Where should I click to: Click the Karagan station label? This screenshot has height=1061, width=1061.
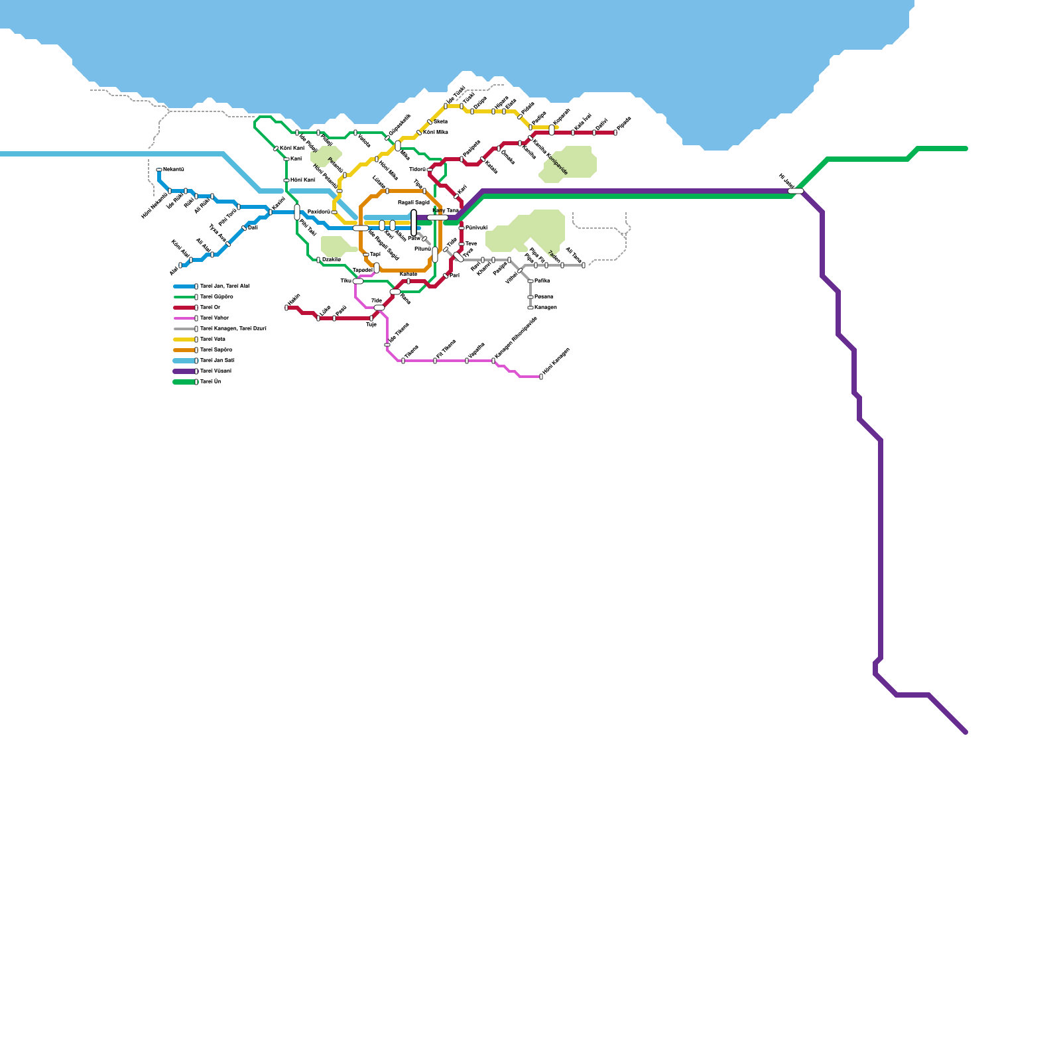tap(545, 308)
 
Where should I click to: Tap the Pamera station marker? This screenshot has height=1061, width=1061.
tap(530, 297)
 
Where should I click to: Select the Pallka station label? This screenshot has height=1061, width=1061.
tap(542, 281)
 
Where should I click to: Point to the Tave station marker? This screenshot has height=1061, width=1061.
tap(462, 244)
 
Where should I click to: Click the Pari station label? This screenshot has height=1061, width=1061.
tap(454, 275)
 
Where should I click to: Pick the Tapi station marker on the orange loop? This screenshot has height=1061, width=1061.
tap(365, 255)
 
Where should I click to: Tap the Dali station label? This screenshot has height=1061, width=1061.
tap(253, 227)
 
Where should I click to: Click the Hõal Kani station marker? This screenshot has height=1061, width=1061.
tap(286, 180)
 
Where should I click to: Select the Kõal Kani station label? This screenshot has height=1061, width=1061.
tap(292, 148)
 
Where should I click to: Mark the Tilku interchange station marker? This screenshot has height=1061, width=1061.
tap(358, 281)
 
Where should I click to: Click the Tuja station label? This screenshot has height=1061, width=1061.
tap(371, 325)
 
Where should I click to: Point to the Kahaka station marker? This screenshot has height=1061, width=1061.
tap(408, 281)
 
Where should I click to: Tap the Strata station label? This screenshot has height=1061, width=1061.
tap(440, 121)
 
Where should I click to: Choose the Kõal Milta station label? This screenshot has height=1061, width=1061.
tap(436, 132)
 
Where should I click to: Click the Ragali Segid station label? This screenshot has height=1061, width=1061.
tap(413, 202)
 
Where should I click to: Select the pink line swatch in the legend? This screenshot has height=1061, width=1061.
tap(184, 318)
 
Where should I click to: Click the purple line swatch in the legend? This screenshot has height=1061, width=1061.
tap(184, 371)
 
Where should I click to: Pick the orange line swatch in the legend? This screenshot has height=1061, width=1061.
tap(184, 350)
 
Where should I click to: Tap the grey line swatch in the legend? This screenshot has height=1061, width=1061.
tap(184, 329)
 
